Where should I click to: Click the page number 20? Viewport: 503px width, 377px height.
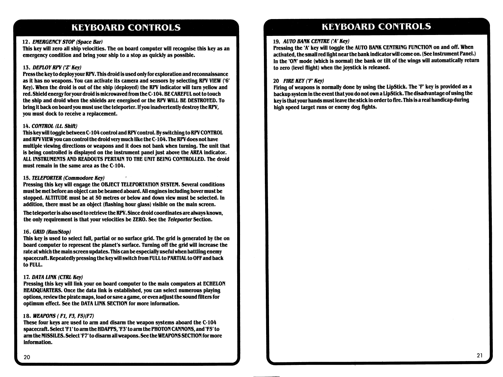27,357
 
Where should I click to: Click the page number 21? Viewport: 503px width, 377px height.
480,355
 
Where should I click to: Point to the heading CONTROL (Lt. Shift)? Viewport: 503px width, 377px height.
51,126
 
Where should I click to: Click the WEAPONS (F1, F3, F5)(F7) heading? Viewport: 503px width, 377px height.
59,316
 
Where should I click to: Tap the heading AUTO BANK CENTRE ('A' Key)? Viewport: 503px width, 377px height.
312,41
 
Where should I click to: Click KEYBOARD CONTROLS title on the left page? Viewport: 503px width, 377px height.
126,27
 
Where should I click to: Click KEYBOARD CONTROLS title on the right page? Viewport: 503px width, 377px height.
377,26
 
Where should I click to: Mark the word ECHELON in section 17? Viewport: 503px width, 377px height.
214,284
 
